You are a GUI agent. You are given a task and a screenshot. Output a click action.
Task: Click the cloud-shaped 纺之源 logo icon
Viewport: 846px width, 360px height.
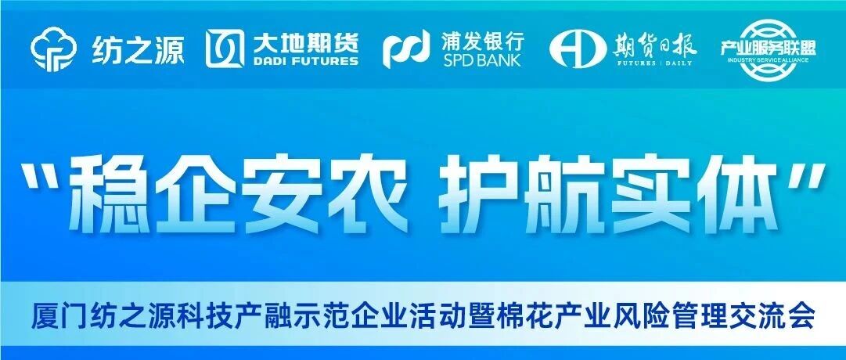tap(55, 49)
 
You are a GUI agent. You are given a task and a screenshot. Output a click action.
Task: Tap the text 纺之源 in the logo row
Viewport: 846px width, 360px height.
tap(137, 49)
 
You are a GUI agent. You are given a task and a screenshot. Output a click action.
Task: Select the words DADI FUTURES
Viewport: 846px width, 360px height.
tap(305, 61)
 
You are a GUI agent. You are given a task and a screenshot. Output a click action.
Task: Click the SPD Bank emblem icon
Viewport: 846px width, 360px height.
tap(406, 49)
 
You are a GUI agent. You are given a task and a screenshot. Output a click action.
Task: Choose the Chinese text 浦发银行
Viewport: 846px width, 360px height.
tap(482, 40)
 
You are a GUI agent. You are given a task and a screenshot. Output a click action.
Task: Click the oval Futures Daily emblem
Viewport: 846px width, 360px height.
tap(575, 49)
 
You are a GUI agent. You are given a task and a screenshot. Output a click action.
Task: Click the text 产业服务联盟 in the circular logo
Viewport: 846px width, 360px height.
tap(769, 48)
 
